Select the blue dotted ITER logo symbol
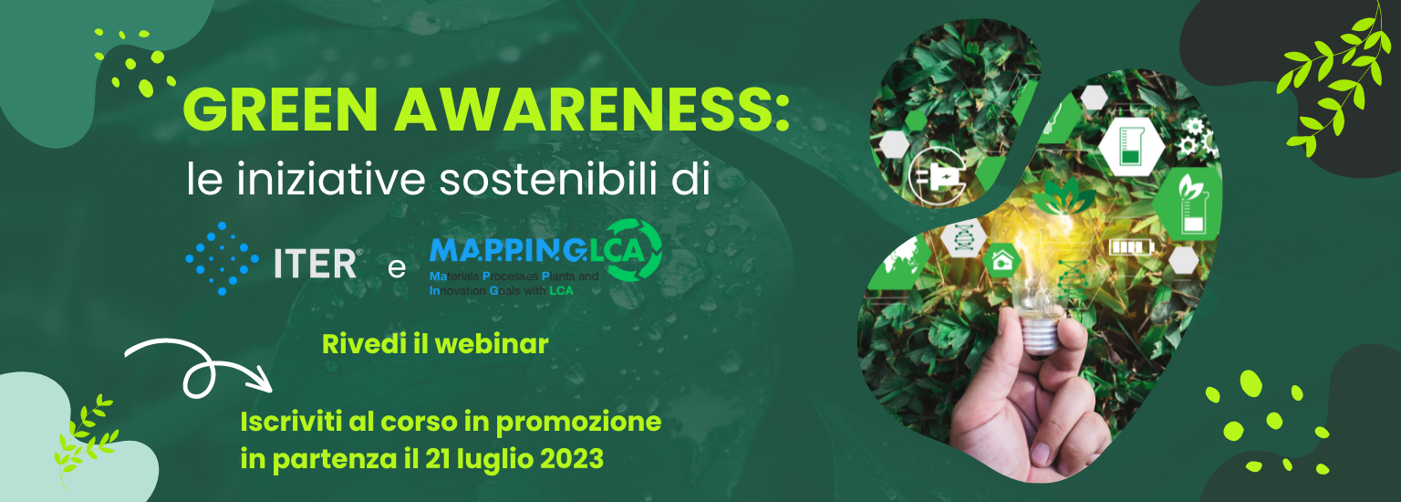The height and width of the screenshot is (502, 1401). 222,258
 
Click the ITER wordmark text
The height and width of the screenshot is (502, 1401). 317,264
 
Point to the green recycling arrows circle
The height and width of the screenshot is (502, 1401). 633,250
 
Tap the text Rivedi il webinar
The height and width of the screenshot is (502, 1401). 435,344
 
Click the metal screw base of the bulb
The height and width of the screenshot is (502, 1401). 1042,335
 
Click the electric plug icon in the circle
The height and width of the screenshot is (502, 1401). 937,177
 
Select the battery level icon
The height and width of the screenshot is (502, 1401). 1131,247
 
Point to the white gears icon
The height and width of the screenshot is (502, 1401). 1195,138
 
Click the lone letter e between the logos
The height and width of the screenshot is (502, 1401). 397,268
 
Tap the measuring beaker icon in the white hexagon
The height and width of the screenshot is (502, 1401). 1131,145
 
